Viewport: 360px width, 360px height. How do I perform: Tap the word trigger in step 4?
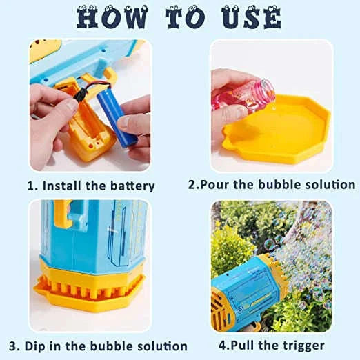point(301,345)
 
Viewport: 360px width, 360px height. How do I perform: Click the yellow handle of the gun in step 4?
point(225,314)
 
